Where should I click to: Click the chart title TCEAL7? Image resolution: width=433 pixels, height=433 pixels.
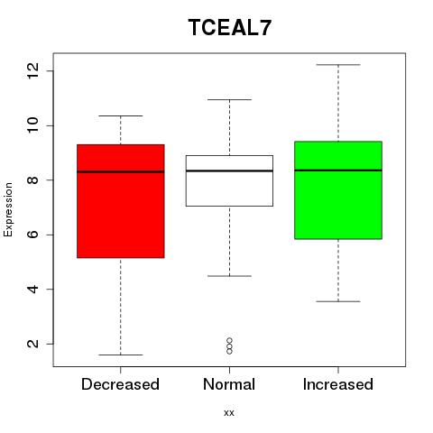[230, 27]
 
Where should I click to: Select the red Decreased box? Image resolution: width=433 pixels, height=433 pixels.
[121, 201]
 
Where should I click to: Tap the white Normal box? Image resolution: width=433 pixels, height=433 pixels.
[229, 180]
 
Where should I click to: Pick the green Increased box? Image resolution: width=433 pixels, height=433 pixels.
[338, 190]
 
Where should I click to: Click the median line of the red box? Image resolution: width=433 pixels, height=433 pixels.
[121, 171]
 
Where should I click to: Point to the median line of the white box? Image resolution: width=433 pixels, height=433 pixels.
[229, 170]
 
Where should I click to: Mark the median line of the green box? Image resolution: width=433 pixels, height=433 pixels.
[338, 170]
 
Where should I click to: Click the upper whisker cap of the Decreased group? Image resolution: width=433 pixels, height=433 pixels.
[121, 115]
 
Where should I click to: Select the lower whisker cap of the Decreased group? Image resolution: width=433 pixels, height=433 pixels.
[121, 355]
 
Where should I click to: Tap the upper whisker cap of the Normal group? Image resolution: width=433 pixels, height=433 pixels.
[229, 99]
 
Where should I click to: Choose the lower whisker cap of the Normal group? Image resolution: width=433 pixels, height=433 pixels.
[229, 276]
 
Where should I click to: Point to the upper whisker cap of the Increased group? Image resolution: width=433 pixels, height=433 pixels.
[338, 65]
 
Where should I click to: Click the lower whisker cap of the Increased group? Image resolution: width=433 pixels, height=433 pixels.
[338, 301]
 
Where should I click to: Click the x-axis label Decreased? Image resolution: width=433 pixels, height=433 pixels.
[120, 384]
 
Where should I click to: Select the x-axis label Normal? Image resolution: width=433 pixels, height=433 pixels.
[229, 384]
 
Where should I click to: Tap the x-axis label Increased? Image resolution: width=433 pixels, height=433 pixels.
[338, 384]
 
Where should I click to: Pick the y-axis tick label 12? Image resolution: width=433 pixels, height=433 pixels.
[33, 70]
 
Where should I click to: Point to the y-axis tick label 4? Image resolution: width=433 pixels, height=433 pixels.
[33, 289]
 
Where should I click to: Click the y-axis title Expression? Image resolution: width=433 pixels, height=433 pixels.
[8, 209]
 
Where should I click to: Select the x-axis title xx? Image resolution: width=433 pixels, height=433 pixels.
[229, 412]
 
